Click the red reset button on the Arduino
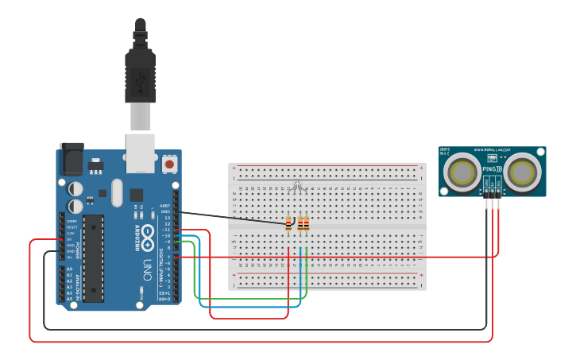coord(168,165)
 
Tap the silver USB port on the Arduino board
coord(141,153)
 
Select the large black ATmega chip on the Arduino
coord(93,258)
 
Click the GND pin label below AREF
coord(166,211)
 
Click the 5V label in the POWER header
coord(70,238)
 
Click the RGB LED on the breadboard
coord(296,187)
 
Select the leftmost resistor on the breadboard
coord(288,224)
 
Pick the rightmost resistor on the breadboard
coord(307,224)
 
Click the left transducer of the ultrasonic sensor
coord(461,172)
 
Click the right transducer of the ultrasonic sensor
coord(524,172)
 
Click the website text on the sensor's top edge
coord(492,149)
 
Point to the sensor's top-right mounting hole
coord(541,151)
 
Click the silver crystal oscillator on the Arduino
coord(118,192)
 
